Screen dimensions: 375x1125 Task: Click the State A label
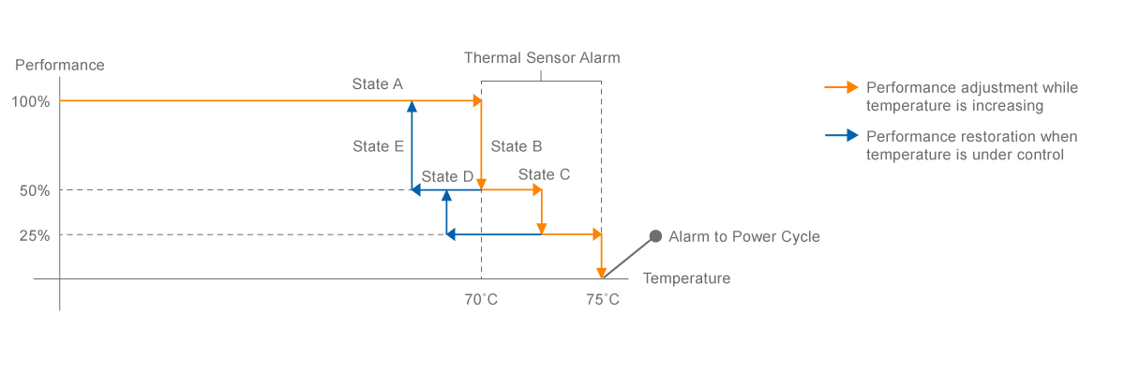(377, 84)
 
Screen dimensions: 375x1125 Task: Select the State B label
(517, 146)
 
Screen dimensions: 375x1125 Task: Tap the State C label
(544, 174)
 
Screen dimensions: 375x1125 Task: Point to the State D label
(447, 176)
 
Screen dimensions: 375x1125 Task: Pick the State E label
(378, 146)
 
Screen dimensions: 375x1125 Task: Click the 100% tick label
(31, 101)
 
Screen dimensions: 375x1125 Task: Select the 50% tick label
(35, 190)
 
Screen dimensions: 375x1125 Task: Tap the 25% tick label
(35, 235)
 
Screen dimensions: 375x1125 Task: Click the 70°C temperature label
(482, 300)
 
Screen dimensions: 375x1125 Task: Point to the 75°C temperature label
(603, 300)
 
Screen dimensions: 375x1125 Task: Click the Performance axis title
(60, 66)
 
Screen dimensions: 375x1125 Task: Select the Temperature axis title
(686, 278)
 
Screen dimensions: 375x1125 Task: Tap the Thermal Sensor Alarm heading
(542, 58)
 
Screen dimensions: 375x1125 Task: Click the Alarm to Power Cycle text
(744, 236)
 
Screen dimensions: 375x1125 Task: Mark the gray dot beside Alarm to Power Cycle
(656, 236)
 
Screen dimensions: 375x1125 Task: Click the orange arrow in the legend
(841, 87)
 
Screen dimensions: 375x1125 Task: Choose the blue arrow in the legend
(841, 135)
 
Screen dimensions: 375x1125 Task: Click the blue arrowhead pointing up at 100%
(412, 106)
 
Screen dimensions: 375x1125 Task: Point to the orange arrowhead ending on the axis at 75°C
(602, 273)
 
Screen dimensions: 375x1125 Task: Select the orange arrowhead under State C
(542, 229)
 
